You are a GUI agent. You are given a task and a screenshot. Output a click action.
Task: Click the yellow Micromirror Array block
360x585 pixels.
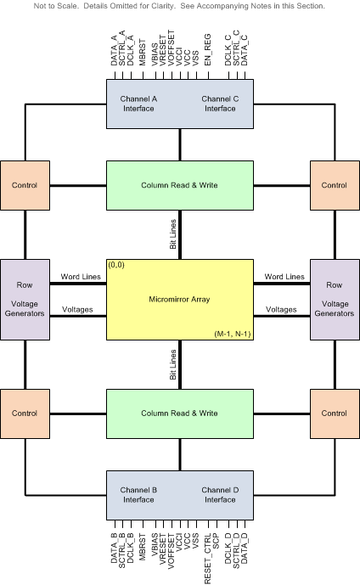pyautogui.click(x=179, y=300)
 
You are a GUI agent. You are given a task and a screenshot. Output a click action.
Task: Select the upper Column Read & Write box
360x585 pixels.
pyautogui.click(x=179, y=185)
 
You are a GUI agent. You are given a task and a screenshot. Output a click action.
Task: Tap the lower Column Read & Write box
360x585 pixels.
pyautogui.click(x=179, y=413)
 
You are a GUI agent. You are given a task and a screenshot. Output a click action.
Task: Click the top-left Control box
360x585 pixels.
pyautogui.click(x=25, y=185)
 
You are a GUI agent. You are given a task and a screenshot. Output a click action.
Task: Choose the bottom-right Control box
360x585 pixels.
pyautogui.click(x=334, y=413)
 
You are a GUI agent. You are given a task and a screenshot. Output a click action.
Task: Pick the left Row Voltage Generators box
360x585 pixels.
pyautogui.click(x=25, y=300)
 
